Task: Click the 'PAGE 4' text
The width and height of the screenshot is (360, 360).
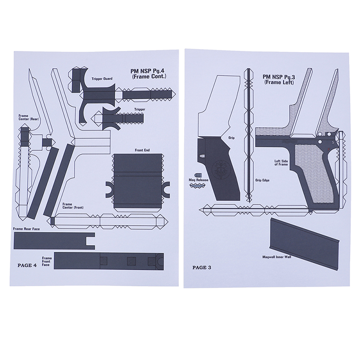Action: [x=27, y=265]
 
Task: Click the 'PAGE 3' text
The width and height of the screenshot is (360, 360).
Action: [x=202, y=267]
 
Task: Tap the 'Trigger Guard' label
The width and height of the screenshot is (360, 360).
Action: [x=102, y=79]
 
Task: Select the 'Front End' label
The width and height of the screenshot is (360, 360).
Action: [x=142, y=150]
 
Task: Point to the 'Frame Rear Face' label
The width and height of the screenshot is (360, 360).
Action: [x=27, y=229]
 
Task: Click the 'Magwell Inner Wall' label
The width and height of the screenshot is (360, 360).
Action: [x=277, y=257]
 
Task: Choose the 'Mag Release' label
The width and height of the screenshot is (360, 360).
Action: [x=198, y=180]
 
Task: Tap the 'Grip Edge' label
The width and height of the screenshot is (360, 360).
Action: [x=262, y=180]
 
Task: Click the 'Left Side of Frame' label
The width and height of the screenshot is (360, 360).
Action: [x=281, y=163]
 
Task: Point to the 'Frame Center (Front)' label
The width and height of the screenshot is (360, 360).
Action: [x=73, y=206]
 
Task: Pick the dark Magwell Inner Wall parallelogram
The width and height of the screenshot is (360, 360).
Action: [x=305, y=243]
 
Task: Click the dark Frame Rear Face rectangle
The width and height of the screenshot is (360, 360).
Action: [x=54, y=241]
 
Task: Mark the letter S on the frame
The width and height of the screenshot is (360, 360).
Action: [x=333, y=142]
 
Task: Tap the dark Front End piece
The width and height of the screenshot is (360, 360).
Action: [x=138, y=180]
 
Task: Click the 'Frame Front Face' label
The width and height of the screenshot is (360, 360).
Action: [x=47, y=261]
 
